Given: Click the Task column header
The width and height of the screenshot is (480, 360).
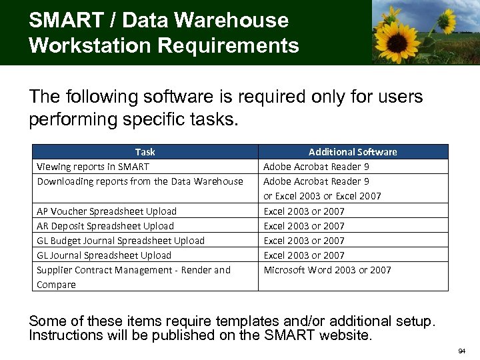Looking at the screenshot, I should (x=145, y=152).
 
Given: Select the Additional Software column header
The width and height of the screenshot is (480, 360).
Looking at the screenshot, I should (x=353, y=152).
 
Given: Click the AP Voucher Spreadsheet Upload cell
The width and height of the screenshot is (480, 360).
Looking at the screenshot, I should (x=107, y=211).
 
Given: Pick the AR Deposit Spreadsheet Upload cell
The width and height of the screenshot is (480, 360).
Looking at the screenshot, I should (x=105, y=226).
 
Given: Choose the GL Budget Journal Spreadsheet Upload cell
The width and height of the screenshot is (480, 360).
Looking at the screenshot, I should (x=121, y=241).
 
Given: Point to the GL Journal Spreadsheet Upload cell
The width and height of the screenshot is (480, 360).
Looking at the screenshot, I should (x=104, y=255).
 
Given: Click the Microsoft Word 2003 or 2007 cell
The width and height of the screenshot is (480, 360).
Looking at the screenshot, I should (x=327, y=270).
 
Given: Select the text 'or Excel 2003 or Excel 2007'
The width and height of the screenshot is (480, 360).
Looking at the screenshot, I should (x=323, y=196).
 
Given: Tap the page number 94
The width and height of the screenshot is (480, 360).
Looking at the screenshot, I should (x=462, y=350).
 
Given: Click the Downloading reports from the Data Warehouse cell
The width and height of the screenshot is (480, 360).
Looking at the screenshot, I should (x=140, y=181).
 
